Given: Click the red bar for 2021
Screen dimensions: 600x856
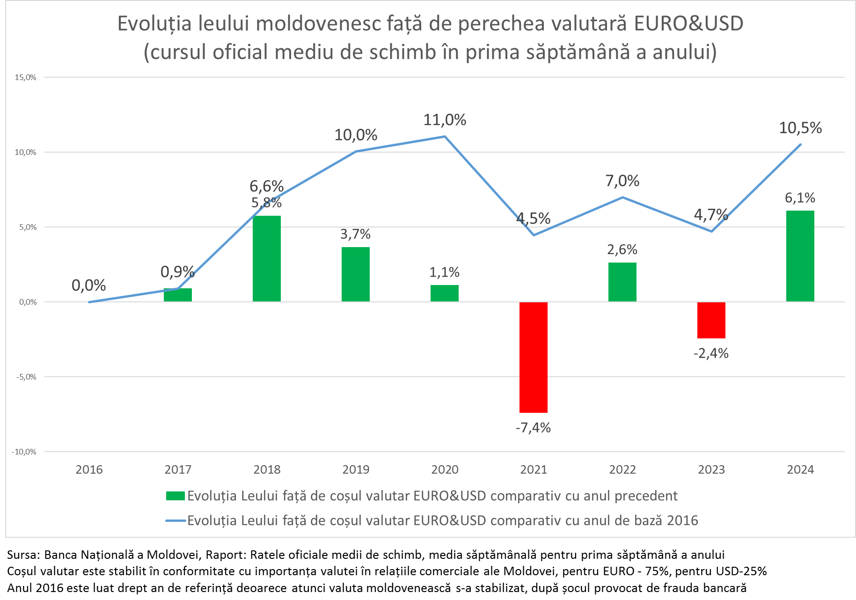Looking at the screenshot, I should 533,357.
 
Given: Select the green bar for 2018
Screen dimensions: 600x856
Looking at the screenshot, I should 267,258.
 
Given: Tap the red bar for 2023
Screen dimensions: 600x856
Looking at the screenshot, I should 711,320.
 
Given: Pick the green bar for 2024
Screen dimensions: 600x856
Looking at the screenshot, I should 800,256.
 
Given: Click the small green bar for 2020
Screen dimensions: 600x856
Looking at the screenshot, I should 444,293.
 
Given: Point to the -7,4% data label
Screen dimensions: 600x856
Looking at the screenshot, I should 533,428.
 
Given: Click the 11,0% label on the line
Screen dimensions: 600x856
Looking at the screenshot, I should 445,120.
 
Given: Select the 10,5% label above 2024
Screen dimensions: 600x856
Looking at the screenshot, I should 800,128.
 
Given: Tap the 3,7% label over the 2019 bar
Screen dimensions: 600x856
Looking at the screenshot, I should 355,234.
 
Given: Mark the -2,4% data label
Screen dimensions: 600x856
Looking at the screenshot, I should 711,353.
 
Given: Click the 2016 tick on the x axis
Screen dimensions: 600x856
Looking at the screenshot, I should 89,469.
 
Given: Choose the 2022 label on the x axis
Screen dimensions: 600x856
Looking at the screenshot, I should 622,469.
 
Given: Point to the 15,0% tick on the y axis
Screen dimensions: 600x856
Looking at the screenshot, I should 25,78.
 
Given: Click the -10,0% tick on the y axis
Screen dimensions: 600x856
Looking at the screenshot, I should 24,452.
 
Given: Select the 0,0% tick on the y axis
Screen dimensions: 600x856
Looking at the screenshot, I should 27,302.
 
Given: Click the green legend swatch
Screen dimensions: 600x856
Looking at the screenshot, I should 176,496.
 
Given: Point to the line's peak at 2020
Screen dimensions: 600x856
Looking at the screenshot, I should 445,137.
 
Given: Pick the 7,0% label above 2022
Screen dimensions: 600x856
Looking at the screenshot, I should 622,181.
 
